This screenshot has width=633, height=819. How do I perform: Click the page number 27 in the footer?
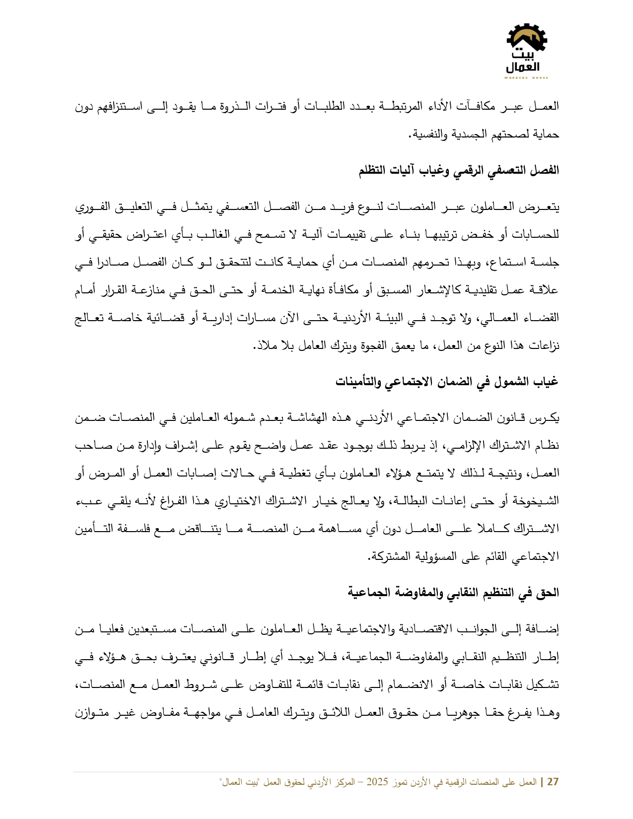coord(553,782)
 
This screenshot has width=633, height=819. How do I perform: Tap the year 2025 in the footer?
coord(377,782)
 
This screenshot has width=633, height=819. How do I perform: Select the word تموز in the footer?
coord(400,782)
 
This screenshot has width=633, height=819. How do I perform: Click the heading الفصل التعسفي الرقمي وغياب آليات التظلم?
coord(459,170)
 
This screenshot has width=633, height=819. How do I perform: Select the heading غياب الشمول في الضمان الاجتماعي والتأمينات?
coord(447,381)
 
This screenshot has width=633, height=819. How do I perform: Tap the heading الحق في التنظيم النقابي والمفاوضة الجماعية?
coord(453,592)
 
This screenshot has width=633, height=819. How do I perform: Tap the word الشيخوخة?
coord(539,500)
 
